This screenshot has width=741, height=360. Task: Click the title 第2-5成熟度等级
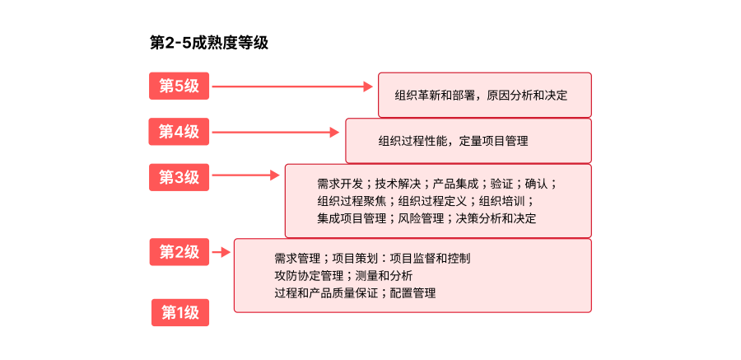click(209, 43)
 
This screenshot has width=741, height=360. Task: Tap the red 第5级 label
click(179, 86)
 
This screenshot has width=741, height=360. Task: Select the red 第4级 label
click(179, 132)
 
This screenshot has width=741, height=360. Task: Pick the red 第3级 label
click(179, 177)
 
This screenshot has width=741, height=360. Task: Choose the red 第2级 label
click(179, 251)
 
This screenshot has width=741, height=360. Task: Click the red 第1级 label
click(180, 313)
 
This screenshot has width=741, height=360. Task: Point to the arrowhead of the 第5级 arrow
click(368, 86)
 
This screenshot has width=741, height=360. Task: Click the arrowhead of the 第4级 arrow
click(334, 133)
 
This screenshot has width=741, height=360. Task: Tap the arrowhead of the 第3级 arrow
click(274, 175)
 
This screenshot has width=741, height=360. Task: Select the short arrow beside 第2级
click(221, 252)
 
